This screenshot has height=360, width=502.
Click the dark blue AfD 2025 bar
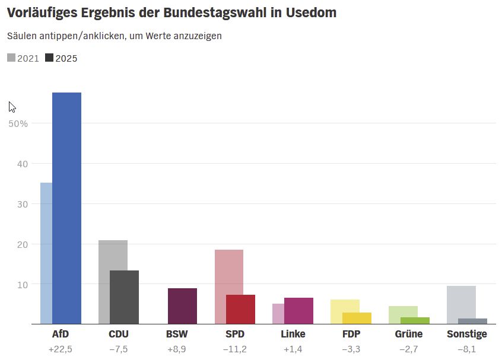coord(66,208)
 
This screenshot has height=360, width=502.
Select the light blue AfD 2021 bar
coord(46,253)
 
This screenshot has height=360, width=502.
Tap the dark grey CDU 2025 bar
coord(124,297)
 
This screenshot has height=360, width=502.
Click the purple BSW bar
coord(182,306)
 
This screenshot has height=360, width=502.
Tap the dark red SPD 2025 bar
coord(240,309)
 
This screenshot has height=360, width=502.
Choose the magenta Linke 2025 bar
coord(298,311)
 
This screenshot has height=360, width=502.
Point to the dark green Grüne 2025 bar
coord(415,321)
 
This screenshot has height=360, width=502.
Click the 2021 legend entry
coord(23,58)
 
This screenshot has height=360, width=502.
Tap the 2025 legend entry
coord(61,58)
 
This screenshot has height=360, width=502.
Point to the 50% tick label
coord(18,123)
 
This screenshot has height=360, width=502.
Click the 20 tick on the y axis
coord(22,244)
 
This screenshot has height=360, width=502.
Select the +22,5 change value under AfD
coord(60,349)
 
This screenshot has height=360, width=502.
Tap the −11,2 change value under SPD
coord(234,349)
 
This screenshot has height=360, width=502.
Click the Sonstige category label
coord(466,334)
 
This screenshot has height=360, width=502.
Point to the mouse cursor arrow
coord(11,107)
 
